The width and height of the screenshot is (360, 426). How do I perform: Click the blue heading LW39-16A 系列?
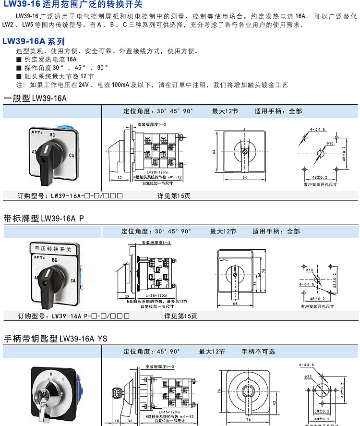(x=33, y=42)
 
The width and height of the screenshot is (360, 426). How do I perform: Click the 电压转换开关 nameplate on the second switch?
(x=50, y=250)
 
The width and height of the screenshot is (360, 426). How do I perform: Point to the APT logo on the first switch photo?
(x=37, y=131)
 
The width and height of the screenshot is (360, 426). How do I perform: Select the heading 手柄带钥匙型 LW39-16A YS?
(x=56, y=339)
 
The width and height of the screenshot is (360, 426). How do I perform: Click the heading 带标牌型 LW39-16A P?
(x=44, y=218)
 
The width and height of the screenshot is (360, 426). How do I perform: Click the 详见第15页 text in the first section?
(x=174, y=195)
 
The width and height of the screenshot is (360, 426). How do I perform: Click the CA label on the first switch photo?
(x=71, y=155)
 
